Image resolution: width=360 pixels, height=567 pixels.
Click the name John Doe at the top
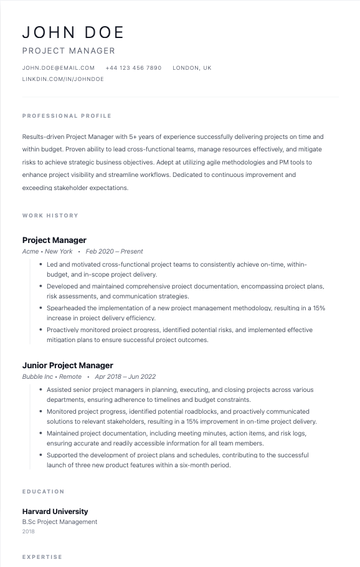click(73, 32)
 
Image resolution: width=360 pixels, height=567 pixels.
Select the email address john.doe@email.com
click(59, 68)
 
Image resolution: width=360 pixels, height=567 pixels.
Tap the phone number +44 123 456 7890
click(133, 68)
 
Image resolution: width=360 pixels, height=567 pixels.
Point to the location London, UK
click(192, 68)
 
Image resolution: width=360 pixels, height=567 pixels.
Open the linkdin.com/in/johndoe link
click(63, 80)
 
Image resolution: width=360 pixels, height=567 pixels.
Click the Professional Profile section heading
click(67, 116)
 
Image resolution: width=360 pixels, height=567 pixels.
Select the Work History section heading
click(50, 216)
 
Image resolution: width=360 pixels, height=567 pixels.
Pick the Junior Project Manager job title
click(67, 366)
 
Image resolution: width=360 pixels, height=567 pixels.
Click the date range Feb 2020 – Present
click(114, 252)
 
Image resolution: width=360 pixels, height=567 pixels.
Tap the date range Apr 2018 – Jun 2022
click(125, 377)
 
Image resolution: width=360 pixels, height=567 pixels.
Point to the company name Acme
click(31, 252)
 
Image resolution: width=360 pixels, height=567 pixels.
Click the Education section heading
click(44, 492)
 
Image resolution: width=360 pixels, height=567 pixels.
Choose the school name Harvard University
click(55, 512)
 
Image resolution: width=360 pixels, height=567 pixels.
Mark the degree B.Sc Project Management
click(60, 522)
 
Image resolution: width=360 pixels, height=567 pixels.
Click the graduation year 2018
click(29, 532)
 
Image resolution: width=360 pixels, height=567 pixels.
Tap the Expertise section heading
click(42, 557)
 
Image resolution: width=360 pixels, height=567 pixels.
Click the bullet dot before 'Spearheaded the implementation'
click(40, 308)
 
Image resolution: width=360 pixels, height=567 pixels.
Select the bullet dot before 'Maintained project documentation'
click(40, 433)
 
